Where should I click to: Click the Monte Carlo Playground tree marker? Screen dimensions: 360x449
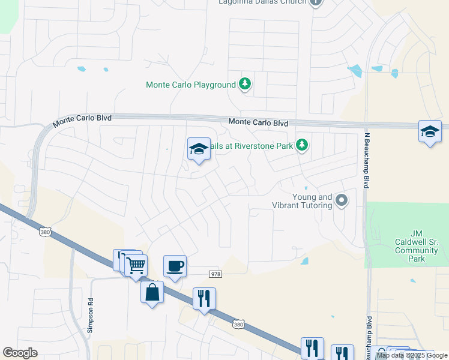coord(244,84)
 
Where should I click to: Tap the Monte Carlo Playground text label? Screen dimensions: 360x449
coord(191,85)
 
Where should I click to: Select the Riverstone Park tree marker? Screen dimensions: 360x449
coord(303,145)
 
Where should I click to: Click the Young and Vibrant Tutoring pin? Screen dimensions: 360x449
coord(342,200)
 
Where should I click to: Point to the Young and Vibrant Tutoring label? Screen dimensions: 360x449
coord(312,201)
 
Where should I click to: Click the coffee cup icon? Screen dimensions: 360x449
coord(175,266)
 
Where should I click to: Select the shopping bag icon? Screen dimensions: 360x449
coord(152,292)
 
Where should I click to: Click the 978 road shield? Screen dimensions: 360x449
coord(215,274)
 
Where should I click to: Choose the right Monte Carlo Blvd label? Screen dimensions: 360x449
coord(258,123)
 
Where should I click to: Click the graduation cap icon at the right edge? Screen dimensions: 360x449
coord(430,131)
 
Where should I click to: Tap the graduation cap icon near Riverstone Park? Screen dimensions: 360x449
coord(199,149)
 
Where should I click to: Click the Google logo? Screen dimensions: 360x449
coord(20,353)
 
